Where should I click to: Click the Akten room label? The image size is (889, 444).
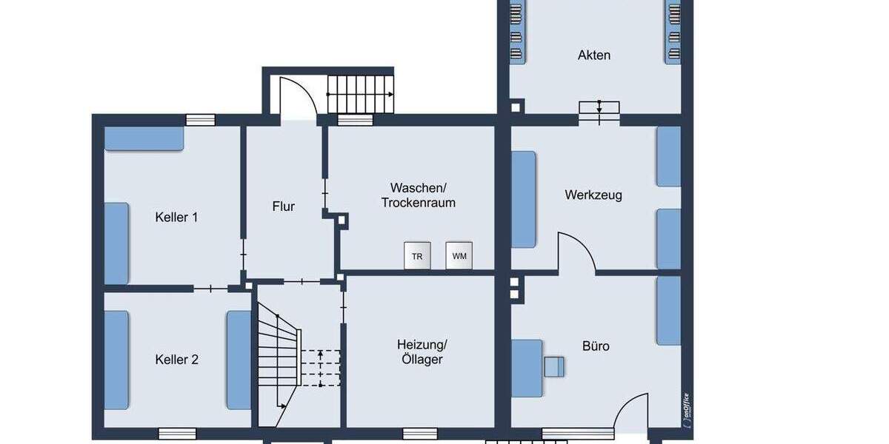tap(594, 55)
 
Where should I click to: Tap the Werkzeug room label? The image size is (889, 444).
tap(593, 195)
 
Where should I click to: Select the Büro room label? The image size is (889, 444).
tap(596, 346)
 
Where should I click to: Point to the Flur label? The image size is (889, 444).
tap(283, 206)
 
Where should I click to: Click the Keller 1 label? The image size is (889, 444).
tap(176, 218)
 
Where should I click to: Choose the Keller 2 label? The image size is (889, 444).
tap(176, 360)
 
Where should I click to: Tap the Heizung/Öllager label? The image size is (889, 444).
tap(422, 352)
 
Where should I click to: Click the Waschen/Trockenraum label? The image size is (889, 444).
tap(419, 195)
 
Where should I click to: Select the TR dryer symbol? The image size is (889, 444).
tap(417, 256)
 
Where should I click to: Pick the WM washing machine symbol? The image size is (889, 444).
tap(459, 256)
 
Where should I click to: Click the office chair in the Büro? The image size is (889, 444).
tap(554, 366)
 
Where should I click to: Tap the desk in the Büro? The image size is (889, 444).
tap(527, 368)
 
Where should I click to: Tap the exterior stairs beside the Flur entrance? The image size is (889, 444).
tap(361, 94)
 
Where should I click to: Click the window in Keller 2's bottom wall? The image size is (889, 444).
tap(177, 434)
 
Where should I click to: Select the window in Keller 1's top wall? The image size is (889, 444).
tap(200, 119)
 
